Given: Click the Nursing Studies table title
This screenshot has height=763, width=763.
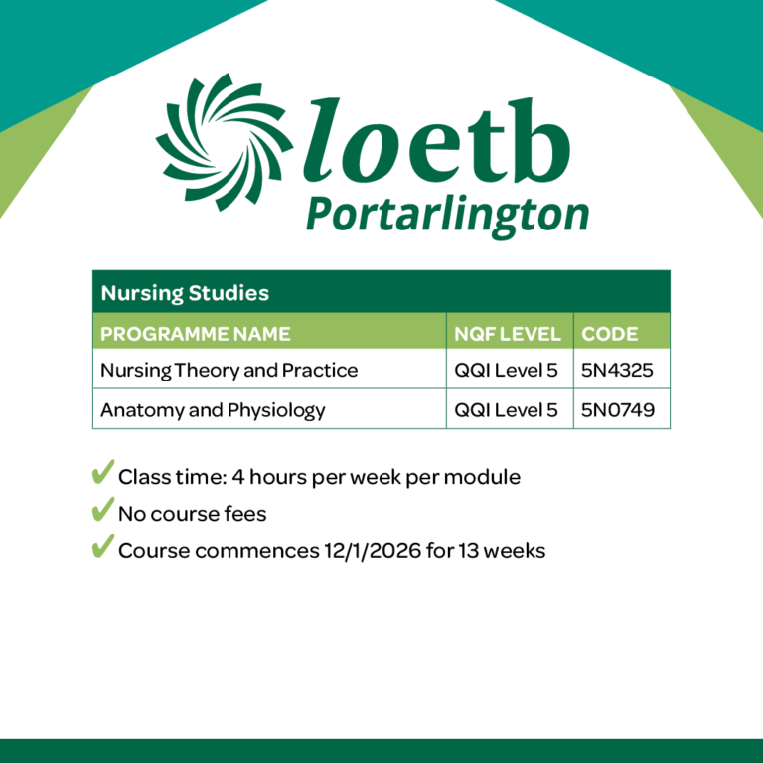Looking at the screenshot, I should point(185,293).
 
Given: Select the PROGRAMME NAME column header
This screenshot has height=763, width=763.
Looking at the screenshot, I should point(196,333).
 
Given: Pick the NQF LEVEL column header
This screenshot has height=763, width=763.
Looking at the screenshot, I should point(508,333).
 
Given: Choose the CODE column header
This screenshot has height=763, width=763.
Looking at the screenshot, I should point(610,333).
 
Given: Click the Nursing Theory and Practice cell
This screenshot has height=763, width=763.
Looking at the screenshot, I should point(229,371).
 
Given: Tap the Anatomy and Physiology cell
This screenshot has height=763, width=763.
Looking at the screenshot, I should point(213,409).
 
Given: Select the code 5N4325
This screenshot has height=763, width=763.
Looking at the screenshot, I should point(618,371).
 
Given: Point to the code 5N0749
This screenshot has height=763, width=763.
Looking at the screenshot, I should point(618,409).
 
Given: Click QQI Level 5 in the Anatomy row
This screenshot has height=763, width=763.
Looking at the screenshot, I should point(506,409).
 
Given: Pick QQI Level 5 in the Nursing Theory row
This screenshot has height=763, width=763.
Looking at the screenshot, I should point(506,371).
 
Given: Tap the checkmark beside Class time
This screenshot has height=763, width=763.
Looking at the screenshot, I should point(102,474).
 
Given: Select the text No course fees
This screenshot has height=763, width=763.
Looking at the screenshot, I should point(192,514).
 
